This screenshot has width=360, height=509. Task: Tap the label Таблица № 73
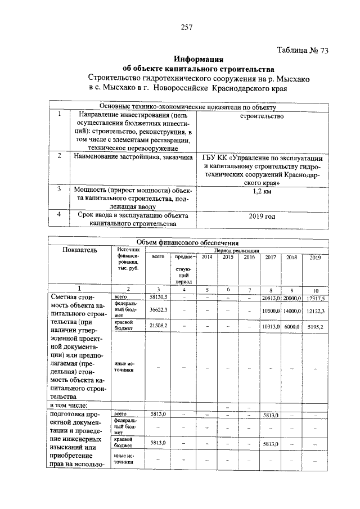[x=303, y=50]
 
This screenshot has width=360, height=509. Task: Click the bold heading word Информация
[x=199, y=59]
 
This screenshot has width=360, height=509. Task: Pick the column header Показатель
[x=79, y=250]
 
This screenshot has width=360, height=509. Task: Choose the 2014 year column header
[x=207, y=257]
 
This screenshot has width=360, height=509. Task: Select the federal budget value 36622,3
[x=158, y=310]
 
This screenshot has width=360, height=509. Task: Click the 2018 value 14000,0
[x=292, y=310]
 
